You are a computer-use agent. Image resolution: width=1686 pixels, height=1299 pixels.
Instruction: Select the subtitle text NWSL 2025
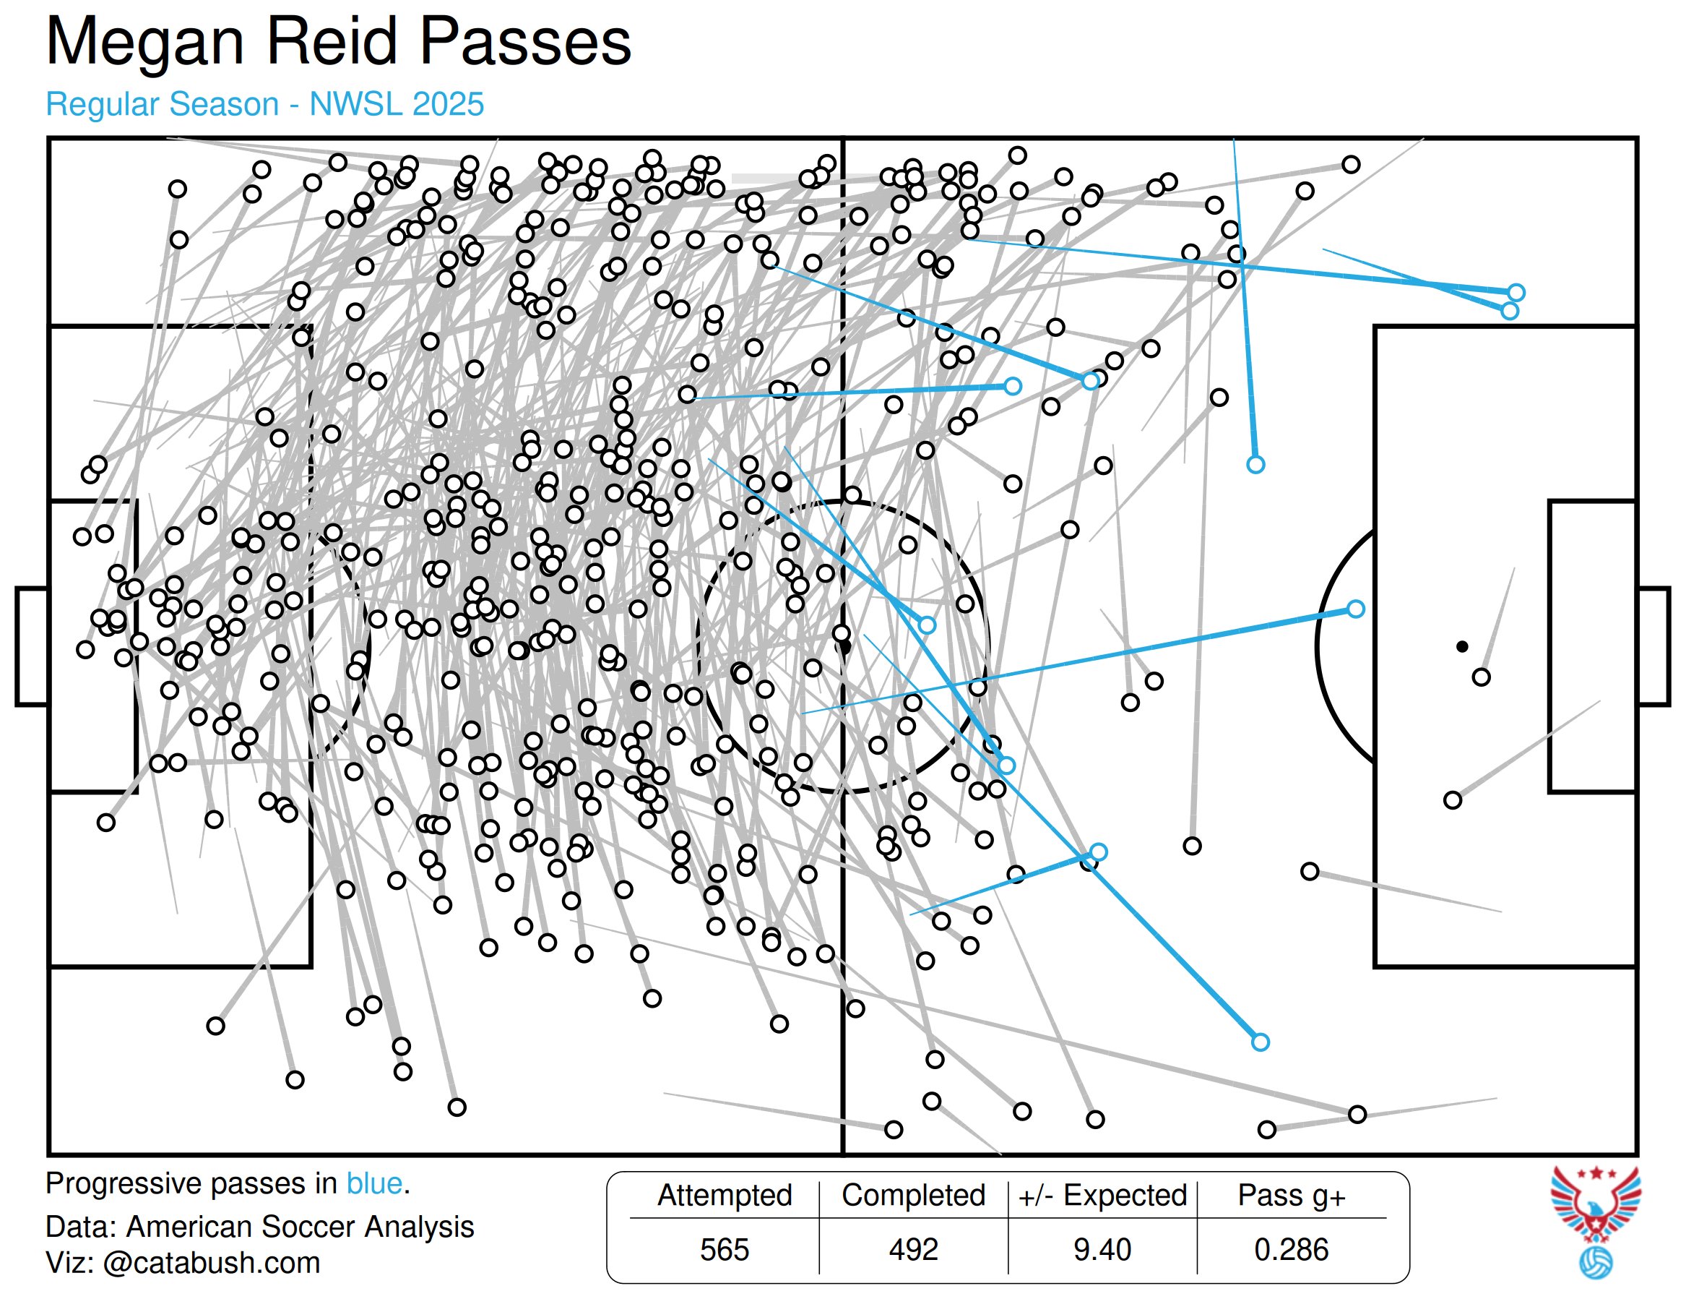point(396,104)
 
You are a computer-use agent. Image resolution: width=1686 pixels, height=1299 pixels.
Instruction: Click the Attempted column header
point(724,1195)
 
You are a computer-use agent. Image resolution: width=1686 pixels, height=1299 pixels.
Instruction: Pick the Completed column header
point(913,1195)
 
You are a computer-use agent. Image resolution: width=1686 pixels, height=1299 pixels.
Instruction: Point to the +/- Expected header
point(1102,1195)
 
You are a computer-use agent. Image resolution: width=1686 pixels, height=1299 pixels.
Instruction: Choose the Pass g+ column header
point(1291,1195)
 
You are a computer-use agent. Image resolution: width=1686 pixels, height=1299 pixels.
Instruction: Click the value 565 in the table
point(724,1249)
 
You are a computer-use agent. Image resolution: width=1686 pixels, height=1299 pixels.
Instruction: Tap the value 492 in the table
point(913,1249)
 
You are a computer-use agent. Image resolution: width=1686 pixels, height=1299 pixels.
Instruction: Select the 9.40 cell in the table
point(1102,1249)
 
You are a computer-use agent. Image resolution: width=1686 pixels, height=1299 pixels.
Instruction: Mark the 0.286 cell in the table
point(1291,1249)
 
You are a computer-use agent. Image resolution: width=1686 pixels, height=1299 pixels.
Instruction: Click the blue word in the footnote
point(374,1183)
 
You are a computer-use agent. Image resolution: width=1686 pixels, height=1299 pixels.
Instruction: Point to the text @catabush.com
point(211,1262)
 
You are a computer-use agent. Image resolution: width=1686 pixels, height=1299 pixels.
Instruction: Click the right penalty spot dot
point(1462,646)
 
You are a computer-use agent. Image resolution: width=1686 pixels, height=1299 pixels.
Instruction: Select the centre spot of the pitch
point(844,646)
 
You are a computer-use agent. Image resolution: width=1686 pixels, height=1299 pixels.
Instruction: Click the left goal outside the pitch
point(32,646)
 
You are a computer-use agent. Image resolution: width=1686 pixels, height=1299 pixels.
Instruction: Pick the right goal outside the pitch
point(1653,646)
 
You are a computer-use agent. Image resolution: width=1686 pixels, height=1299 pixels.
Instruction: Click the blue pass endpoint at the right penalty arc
point(1356,609)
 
